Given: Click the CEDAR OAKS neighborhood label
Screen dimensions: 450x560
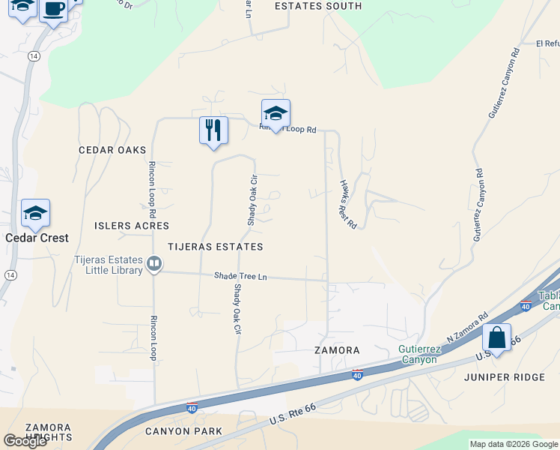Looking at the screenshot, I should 112,150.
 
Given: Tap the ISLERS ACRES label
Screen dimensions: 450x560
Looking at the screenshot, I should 132,226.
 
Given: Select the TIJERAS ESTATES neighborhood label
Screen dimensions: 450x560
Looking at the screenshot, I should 216,247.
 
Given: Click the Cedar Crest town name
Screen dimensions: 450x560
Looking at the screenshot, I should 37,238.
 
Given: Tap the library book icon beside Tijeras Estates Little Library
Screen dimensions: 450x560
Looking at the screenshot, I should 153,263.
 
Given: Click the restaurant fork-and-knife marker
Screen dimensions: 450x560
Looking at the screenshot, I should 213,130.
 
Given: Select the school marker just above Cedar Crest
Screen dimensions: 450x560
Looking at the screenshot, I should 35,214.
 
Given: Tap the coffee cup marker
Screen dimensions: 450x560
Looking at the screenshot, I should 53,10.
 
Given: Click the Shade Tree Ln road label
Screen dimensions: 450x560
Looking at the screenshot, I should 240,277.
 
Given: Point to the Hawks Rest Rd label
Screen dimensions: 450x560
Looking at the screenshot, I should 348,205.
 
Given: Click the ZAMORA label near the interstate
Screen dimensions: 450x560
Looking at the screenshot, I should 337,350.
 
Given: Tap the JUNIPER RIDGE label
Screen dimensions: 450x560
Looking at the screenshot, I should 504,377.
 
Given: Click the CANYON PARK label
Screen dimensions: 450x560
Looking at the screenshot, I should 183,431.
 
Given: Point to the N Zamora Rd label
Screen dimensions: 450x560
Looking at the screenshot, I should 467,328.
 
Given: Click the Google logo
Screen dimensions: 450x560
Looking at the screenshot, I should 25,441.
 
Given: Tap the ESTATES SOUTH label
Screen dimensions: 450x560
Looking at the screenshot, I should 318,6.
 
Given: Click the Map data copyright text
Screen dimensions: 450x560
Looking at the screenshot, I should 514,444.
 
